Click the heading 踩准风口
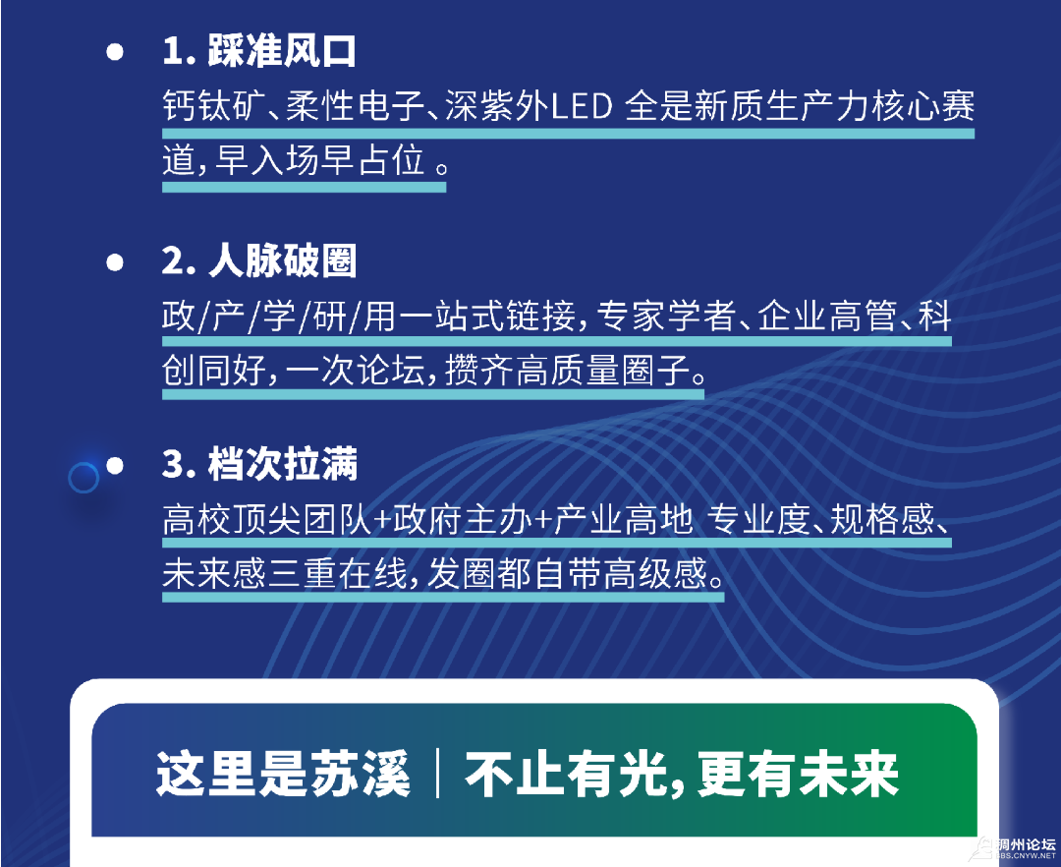282,51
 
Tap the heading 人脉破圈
282,260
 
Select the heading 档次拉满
282,464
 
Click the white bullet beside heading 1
115,52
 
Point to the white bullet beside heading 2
115,261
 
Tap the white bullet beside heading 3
115,466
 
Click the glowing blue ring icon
84,478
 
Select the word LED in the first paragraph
582,107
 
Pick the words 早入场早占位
319,160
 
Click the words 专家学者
666,317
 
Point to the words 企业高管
827,317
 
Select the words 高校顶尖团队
267,519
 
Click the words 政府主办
463,519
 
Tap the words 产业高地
623,519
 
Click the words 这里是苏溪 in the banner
284,774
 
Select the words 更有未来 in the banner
798,774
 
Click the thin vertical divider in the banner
438,773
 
